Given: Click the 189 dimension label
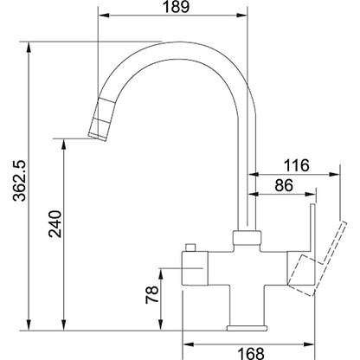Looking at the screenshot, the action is tap(176, 6).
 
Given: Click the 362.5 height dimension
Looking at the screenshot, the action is tap(20, 180).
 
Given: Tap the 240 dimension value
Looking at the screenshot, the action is tap(55, 224).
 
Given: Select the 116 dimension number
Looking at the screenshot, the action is tap(296, 165).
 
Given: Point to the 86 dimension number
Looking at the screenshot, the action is tap(284, 185).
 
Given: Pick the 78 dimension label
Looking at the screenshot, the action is tap(152, 294).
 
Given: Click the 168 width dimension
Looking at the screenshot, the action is tap(251, 353).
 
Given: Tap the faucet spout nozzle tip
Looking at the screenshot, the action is tap(98, 137).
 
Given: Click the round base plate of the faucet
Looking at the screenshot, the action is tap(247, 328).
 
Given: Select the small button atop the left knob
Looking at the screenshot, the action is tap(190, 247).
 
